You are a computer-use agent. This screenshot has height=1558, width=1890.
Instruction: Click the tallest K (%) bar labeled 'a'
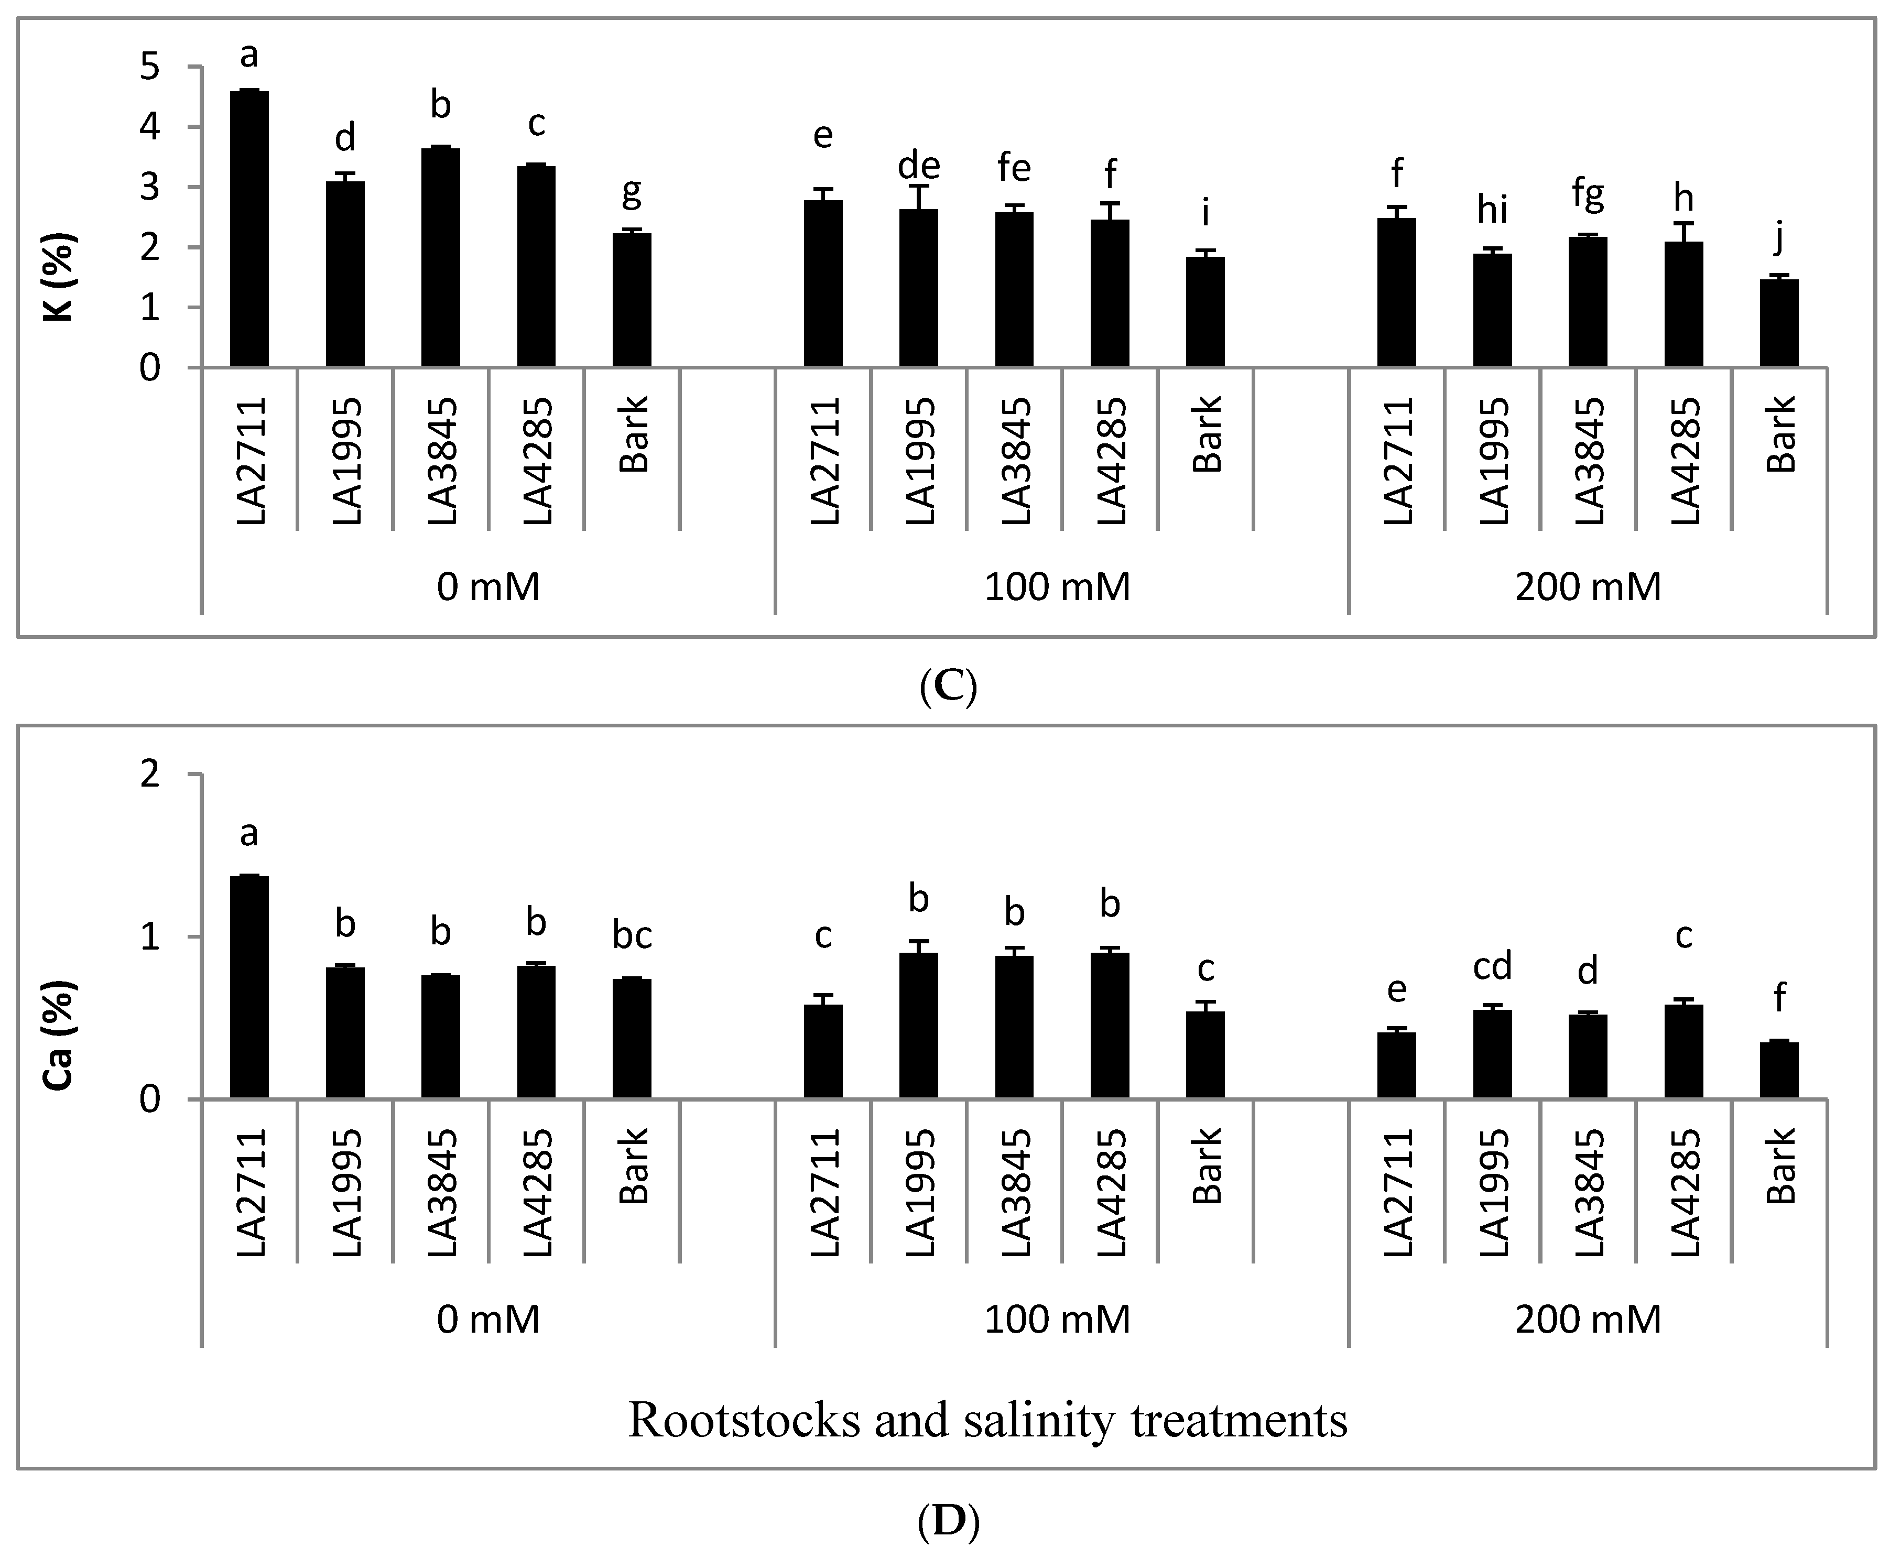pos(249,229)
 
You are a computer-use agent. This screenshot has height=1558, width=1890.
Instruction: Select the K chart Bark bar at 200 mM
pos(1779,323)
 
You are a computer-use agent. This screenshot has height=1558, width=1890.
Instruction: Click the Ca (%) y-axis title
pos(61,1035)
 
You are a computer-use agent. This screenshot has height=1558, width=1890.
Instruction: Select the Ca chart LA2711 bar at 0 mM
pos(249,987)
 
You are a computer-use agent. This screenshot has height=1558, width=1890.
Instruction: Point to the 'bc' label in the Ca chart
pos(632,936)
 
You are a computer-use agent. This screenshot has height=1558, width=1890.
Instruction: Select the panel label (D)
pos(948,1519)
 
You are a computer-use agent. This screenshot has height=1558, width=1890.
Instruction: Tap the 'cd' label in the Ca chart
pos(1492,966)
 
